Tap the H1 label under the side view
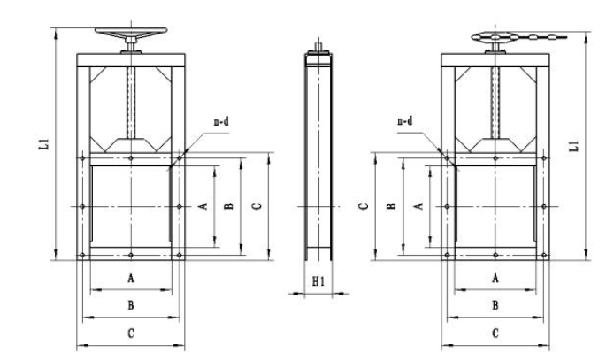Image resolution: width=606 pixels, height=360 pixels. [x=319, y=283]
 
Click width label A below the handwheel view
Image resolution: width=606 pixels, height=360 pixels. [x=131, y=278]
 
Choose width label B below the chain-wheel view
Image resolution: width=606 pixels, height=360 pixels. [x=495, y=305]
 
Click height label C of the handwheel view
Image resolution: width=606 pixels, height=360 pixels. [x=256, y=206]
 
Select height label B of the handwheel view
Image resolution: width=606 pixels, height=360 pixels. [x=229, y=206]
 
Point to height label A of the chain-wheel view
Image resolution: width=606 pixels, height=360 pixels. [x=418, y=203]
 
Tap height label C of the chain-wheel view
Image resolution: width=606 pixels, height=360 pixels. [x=363, y=206]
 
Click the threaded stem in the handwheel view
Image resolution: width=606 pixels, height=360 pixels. [x=132, y=102]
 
